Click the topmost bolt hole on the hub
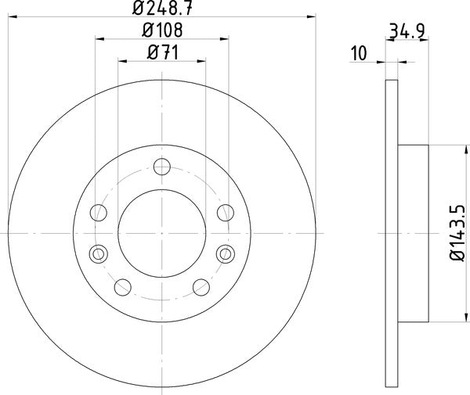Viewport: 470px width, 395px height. pos(162,166)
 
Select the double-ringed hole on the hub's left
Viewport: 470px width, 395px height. pos(98,253)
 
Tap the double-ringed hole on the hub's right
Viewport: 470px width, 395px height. pos(226,253)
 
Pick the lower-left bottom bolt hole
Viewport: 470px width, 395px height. pos(123,286)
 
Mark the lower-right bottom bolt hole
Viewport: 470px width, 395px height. pos(201,286)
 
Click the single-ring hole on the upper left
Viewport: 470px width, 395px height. pos(99,211)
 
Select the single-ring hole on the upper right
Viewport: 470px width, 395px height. pos(226,211)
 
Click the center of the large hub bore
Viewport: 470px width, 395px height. pos(162,232)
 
